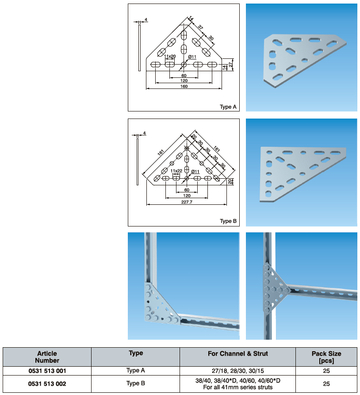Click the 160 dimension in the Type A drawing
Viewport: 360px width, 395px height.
click(x=184, y=86)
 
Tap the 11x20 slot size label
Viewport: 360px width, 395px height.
click(x=170, y=57)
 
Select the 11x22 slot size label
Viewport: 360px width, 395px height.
click(x=176, y=171)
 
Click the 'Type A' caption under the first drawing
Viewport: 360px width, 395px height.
click(x=228, y=107)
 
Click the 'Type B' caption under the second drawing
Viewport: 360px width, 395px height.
click(x=228, y=221)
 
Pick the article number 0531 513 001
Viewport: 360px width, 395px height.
click(x=47, y=371)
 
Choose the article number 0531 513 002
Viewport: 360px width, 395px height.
click(x=47, y=383)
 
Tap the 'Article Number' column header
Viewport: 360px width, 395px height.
click(x=47, y=357)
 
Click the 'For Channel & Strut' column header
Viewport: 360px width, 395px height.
click(x=237, y=353)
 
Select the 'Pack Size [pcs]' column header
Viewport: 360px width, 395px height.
click(x=326, y=357)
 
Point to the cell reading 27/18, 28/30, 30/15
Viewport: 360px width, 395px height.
click(x=237, y=371)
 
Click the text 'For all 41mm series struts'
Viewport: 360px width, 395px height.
click(x=237, y=387)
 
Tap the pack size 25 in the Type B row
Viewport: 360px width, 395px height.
click(x=326, y=383)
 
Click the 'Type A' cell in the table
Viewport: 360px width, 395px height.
click(x=136, y=370)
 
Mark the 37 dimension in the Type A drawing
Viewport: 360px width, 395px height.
click(x=200, y=28)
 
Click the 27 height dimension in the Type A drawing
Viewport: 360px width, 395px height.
click(x=230, y=65)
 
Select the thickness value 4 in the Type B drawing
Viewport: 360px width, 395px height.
click(x=144, y=133)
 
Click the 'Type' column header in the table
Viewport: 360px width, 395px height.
click(x=136, y=353)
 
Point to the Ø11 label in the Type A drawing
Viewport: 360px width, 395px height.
click(x=192, y=57)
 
